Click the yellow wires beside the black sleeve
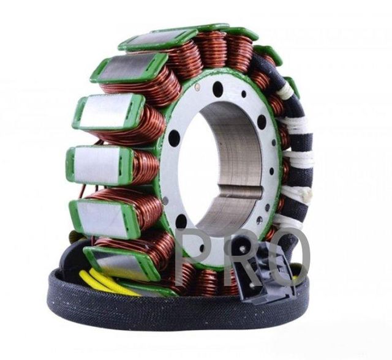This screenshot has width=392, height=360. click(105, 281)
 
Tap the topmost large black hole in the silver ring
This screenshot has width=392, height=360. click(217, 88)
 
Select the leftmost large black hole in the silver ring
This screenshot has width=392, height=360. click(173, 136)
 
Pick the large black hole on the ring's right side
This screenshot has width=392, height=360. click(262, 122)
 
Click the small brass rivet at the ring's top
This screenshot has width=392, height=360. click(197, 87)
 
